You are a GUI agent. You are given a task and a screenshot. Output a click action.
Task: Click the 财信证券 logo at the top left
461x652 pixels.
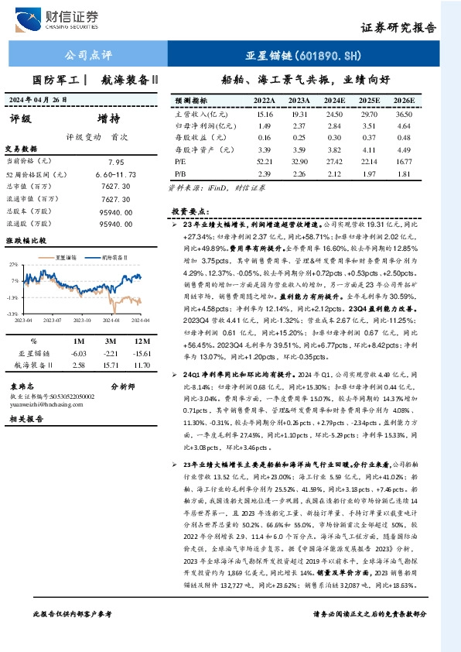click(x=65, y=18)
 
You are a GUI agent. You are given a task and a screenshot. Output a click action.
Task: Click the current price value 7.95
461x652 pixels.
click(x=116, y=162)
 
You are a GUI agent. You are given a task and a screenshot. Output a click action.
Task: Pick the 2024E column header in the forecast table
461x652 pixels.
click(x=334, y=101)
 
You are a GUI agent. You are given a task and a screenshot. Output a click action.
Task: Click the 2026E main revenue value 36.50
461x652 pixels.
click(x=404, y=114)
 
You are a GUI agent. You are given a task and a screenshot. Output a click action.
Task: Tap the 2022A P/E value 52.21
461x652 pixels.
click(x=264, y=160)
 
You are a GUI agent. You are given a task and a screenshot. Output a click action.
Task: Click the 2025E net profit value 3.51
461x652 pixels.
click(x=369, y=125)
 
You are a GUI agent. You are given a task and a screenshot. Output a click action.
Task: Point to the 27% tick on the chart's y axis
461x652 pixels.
click(x=13, y=263)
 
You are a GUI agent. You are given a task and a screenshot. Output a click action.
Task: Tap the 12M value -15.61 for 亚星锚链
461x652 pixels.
click(x=141, y=352)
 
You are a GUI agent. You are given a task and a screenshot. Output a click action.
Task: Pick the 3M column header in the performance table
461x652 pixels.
click(x=110, y=340)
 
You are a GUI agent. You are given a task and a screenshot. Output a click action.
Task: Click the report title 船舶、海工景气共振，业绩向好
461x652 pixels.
click(x=306, y=79)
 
